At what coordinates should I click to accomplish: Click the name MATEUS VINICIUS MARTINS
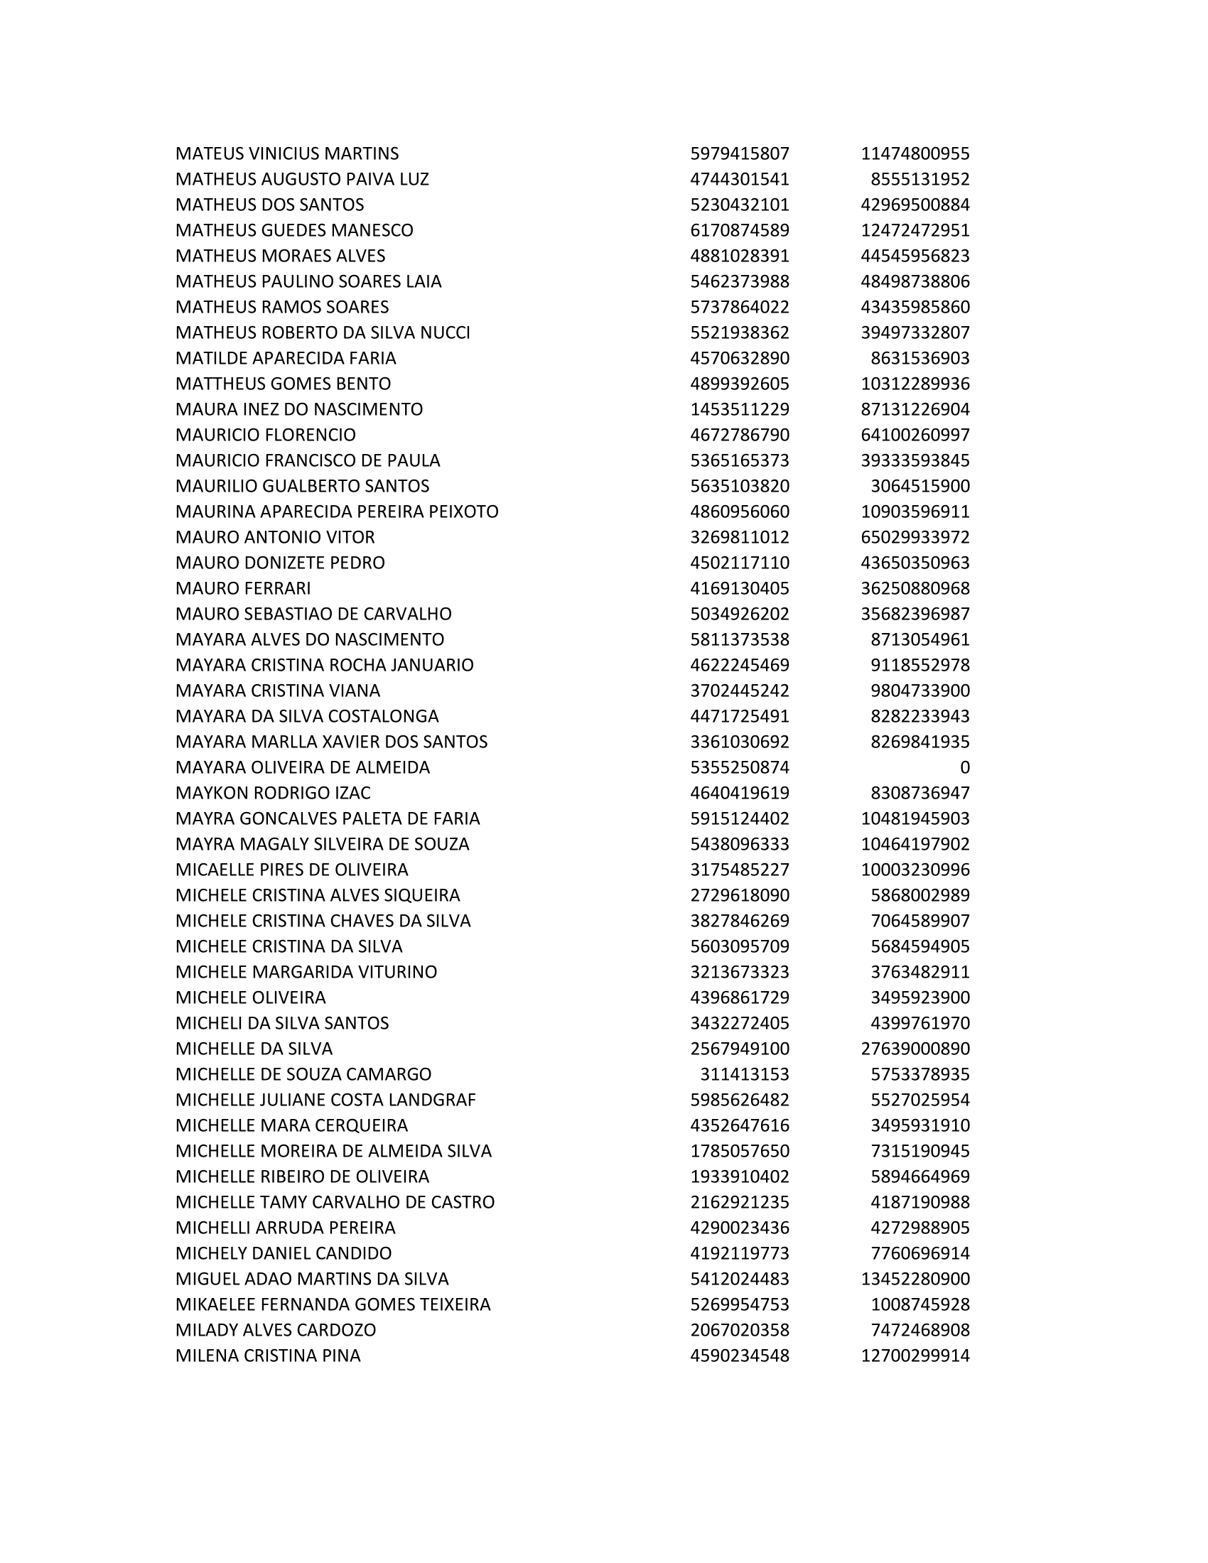[x=287, y=154]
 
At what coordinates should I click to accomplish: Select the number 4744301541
[x=739, y=180]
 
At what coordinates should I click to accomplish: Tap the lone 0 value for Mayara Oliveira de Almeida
[x=964, y=768]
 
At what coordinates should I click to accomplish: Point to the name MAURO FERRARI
[x=243, y=589]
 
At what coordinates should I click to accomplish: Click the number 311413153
[x=744, y=1074]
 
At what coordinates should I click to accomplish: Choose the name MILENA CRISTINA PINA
[x=268, y=1356]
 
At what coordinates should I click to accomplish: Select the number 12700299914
[x=915, y=1356]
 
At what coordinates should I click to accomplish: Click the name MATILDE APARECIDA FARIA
[x=286, y=359]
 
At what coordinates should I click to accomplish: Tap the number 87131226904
[x=915, y=409]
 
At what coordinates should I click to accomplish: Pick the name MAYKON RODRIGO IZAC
[x=273, y=793]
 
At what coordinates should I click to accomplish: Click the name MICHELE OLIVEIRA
[x=250, y=997]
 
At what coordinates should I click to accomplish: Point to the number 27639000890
[x=915, y=1049]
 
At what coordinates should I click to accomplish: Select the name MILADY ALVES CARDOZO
[x=276, y=1330]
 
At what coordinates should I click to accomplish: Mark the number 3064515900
[x=920, y=487]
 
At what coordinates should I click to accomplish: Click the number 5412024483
[x=739, y=1279]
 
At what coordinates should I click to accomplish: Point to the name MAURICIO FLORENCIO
[x=266, y=435]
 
